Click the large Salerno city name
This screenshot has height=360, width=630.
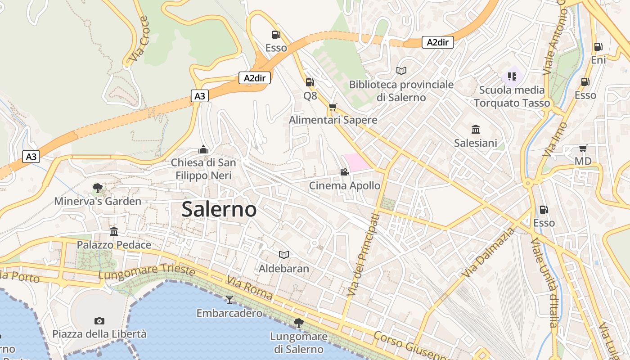(219, 209)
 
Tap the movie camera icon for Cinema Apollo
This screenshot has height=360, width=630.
(344, 172)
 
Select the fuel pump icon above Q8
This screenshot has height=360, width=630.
(310, 82)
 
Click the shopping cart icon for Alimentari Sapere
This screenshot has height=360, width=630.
(333, 107)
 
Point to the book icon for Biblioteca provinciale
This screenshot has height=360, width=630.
(401, 71)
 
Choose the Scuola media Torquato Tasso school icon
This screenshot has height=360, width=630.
(512, 76)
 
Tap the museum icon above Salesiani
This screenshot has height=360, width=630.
(475, 130)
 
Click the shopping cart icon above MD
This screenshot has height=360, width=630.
(583, 148)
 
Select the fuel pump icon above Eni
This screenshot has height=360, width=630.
(598, 46)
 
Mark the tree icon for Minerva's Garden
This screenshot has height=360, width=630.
(97, 188)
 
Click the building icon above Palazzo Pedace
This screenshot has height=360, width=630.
(114, 231)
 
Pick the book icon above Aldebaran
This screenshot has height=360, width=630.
(283, 255)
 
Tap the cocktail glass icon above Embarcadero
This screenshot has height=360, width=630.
(229, 299)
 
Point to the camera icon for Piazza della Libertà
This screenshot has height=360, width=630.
(99, 321)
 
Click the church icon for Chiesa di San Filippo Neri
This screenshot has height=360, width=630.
(203, 149)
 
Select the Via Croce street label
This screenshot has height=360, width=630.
(139, 40)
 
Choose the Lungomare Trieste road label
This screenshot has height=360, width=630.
(147, 271)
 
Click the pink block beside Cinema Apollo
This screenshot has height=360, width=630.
(358, 162)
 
